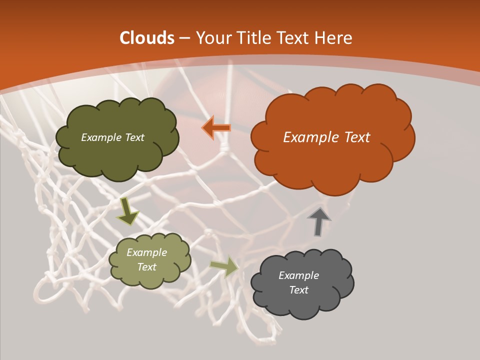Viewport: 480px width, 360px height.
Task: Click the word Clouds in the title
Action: [147, 38]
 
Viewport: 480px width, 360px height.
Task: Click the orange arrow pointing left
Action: [216, 127]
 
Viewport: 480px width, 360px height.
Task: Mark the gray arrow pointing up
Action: [318, 221]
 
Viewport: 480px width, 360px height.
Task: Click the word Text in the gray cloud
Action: [298, 290]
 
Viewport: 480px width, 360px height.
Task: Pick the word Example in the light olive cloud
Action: [146, 252]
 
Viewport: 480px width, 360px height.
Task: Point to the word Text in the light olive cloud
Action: [146, 267]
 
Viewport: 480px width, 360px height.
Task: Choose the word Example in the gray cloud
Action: [298, 275]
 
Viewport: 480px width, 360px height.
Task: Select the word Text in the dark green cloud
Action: [134, 137]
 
